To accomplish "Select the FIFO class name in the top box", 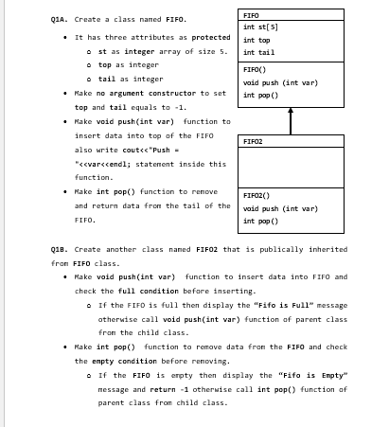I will (252, 15).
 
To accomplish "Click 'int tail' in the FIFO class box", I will (256, 55).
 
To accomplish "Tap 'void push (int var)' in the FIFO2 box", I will (274, 207).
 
